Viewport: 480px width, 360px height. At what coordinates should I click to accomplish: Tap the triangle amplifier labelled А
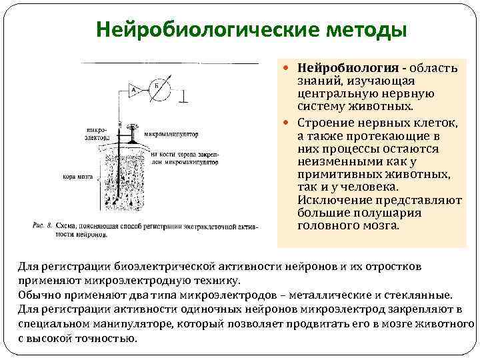(x=134, y=89)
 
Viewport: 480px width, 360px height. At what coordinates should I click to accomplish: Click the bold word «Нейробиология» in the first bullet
(x=347, y=67)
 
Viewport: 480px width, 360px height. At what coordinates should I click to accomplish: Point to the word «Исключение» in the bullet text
(x=329, y=200)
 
